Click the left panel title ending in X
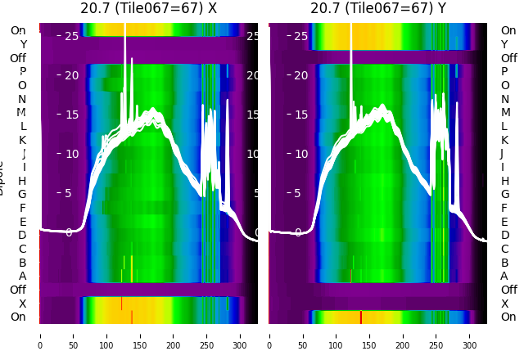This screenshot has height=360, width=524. coord(148,9)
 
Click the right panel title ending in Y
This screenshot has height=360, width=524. coord(378,9)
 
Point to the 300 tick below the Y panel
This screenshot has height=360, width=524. coord(470,335)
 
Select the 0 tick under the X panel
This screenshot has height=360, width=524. coord(39,335)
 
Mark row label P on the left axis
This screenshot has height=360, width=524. coord(22,72)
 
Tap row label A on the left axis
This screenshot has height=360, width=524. coord(22,276)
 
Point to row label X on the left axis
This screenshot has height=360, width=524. coord(22,304)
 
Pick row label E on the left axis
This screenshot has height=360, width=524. coord(22,222)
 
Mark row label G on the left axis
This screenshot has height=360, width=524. coord(22,194)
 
